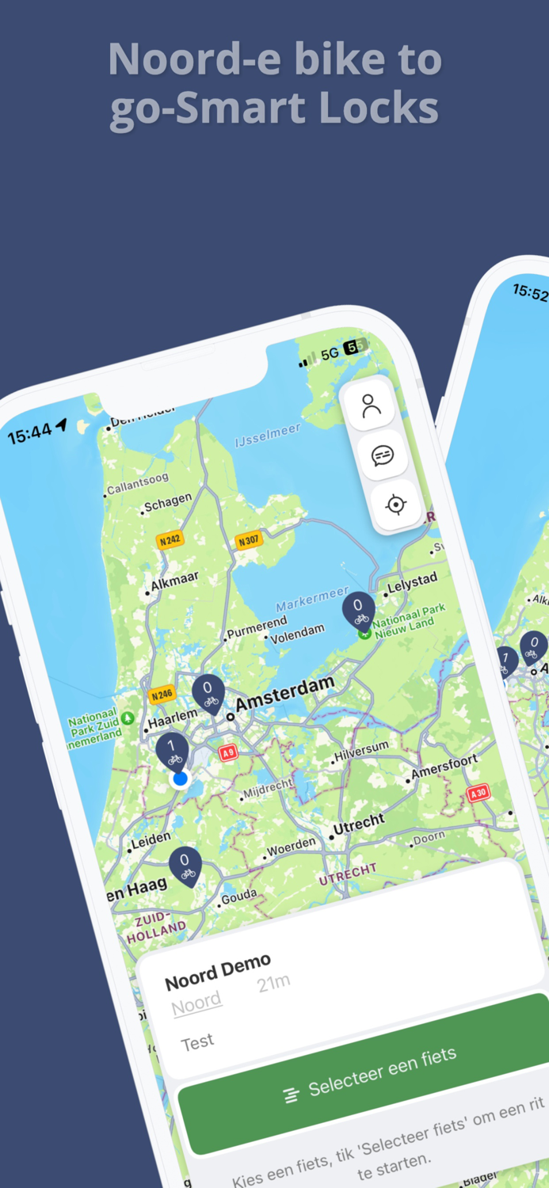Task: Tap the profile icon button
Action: pyautogui.click(x=371, y=406)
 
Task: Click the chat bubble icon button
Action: pyautogui.click(x=383, y=455)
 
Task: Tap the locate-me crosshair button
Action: pyautogui.click(x=395, y=505)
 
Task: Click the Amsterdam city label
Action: pyautogui.click(x=285, y=693)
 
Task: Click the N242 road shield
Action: pyautogui.click(x=170, y=540)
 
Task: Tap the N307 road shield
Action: pyautogui.click(x=248, y=542)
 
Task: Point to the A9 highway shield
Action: pyautogui.click(x=228, y=752)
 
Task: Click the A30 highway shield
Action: pyautogui.click(x=478, y=793)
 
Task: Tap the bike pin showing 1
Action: pyautogui.click(x=172, y=750)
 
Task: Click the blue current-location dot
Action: pyautogui.click(x=181, y=779)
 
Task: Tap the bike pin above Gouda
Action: pyautogui.click(x=185, y=865)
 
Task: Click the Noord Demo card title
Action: pyautogui.click(x=218, y=972)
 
